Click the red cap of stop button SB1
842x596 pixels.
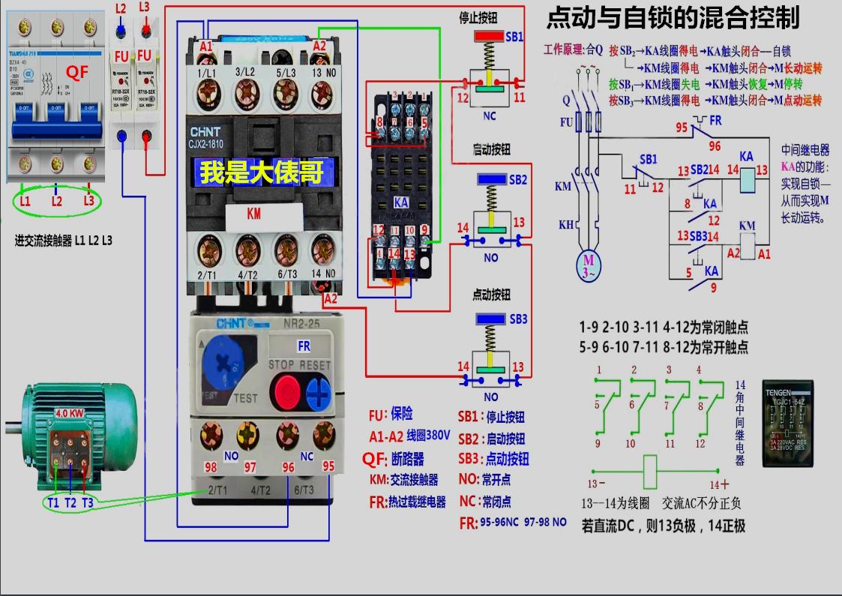(492, 36)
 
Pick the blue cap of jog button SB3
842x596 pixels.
(492, 319)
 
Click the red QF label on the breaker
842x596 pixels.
(78, 73)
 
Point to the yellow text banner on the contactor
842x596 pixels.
(261, 173)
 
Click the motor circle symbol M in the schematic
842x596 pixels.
(587, 264)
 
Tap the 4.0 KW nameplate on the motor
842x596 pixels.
(69, 413)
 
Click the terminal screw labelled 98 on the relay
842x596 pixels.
(210, 435)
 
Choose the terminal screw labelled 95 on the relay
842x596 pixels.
(324, 434)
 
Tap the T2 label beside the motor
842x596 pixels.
(70, 502)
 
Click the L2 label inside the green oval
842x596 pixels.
(56, 201)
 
